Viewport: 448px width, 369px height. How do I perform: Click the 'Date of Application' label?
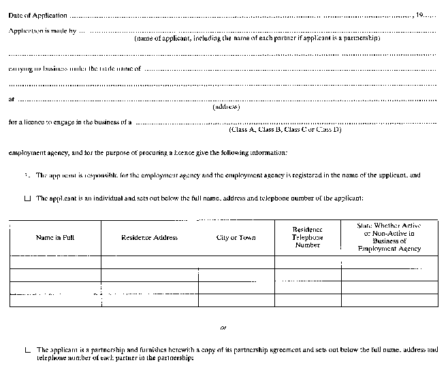(x=37, y=15)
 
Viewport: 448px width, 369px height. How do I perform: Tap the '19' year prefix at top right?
(x=429, y=15)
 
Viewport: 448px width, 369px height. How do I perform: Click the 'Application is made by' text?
(x=42, y=31)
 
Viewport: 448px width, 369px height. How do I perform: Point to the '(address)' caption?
(x=227, y=107)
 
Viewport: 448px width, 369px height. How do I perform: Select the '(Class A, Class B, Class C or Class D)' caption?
(x=285, y=130)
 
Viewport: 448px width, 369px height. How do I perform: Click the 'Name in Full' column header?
(x=54, y=238)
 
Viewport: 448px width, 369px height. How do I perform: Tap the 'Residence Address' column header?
(x=149, y=238)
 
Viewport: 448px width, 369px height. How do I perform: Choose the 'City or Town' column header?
(x=236, y=238)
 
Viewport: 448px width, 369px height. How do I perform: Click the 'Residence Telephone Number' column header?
(x=307, y=237)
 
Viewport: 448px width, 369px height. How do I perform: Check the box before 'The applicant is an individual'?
(x=27, y=199)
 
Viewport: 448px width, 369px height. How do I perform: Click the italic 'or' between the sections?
(x=223, y=327)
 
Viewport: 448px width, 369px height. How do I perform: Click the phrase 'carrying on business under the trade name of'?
(x=74, y=69)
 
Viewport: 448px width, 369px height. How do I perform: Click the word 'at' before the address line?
(x=11, y=99)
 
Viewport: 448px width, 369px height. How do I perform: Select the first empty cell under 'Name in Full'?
(x=54, y=262)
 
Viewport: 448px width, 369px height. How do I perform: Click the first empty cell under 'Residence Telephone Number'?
(x=307, y=262)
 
